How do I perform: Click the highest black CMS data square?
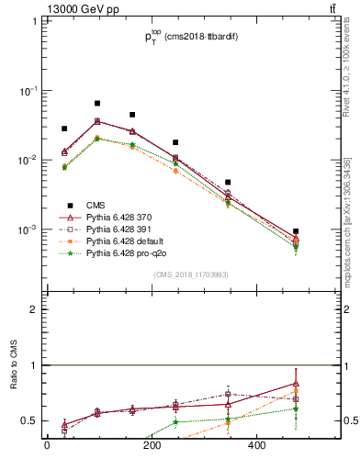[97, 104]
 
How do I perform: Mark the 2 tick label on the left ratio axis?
[32, 309]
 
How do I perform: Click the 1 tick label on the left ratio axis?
[32, 365]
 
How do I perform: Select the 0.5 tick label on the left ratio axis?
[28, 420]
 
